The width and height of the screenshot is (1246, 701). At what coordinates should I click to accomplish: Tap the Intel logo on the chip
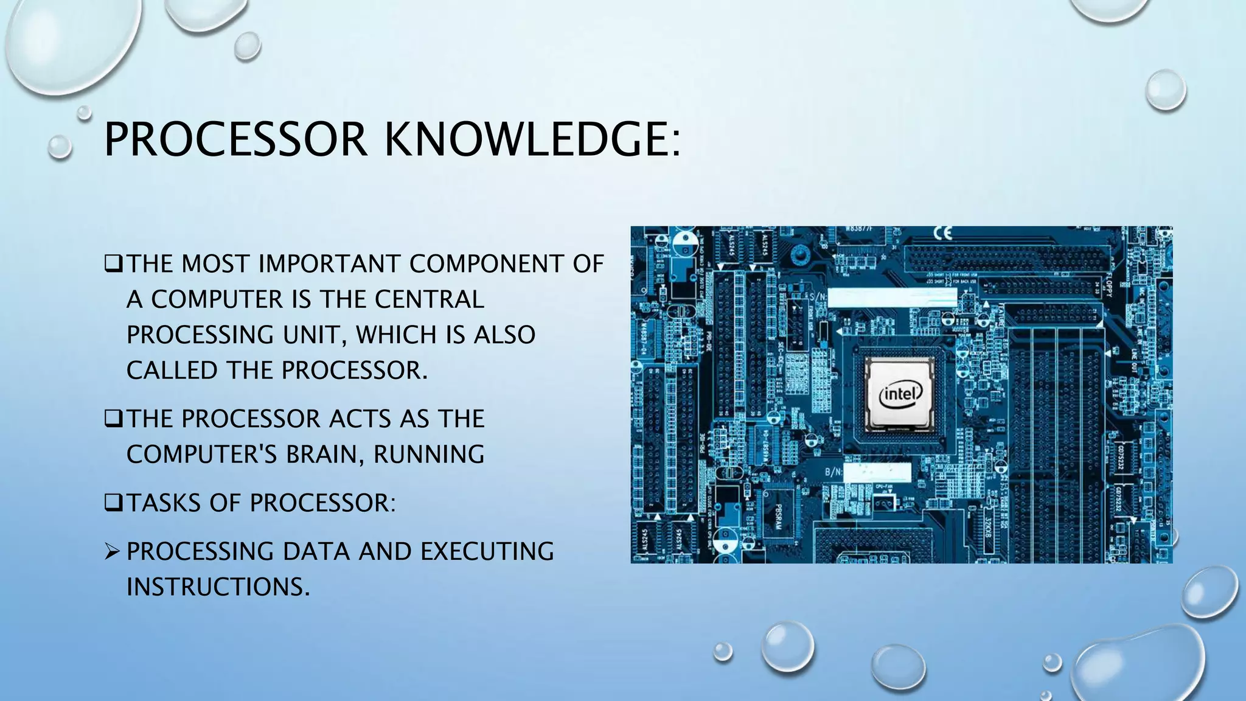[900, 395]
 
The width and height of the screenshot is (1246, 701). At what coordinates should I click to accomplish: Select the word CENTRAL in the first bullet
[429, 299]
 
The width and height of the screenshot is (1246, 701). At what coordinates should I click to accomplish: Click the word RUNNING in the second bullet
[429, 455]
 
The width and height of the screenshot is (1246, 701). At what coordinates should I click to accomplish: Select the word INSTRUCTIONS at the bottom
[218, 587]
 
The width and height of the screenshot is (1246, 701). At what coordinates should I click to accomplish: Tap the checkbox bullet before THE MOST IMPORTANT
[113, 264]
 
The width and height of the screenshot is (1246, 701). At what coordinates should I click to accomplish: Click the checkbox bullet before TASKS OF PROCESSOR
[113, 503]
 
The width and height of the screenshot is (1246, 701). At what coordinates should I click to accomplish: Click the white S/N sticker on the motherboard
[892, 298]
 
